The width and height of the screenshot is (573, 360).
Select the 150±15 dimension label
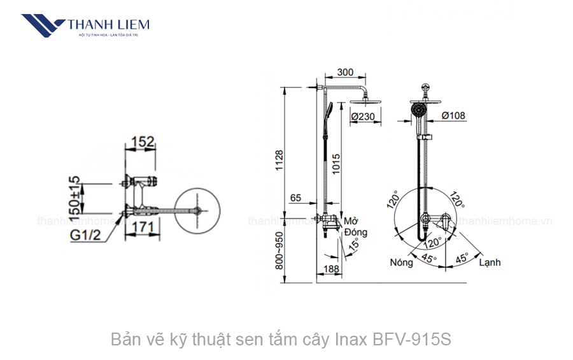(75, 196)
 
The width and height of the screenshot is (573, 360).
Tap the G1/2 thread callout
(86, 236)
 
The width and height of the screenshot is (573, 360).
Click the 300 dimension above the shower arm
(345, 73)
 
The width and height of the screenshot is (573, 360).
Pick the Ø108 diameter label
(453, 116)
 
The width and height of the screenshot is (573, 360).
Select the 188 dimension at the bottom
(331, 270)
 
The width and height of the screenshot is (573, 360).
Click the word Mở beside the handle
(350, 221)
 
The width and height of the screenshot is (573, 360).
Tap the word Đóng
(355, 233)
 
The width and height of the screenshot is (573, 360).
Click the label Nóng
(401, 263)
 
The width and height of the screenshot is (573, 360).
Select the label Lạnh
(490, 263)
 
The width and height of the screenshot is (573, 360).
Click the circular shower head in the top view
(197, 211)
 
